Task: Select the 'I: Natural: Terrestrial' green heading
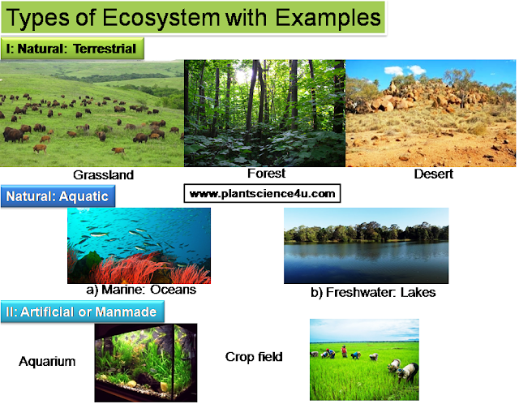72,49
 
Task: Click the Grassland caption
103,174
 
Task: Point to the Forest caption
266,173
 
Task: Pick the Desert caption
433,174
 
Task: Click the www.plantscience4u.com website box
261,194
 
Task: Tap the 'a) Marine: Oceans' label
141,290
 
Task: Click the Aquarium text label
47,361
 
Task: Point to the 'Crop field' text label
254,356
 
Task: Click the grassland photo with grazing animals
92,114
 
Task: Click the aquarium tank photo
146,362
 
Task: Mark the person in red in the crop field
343,351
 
